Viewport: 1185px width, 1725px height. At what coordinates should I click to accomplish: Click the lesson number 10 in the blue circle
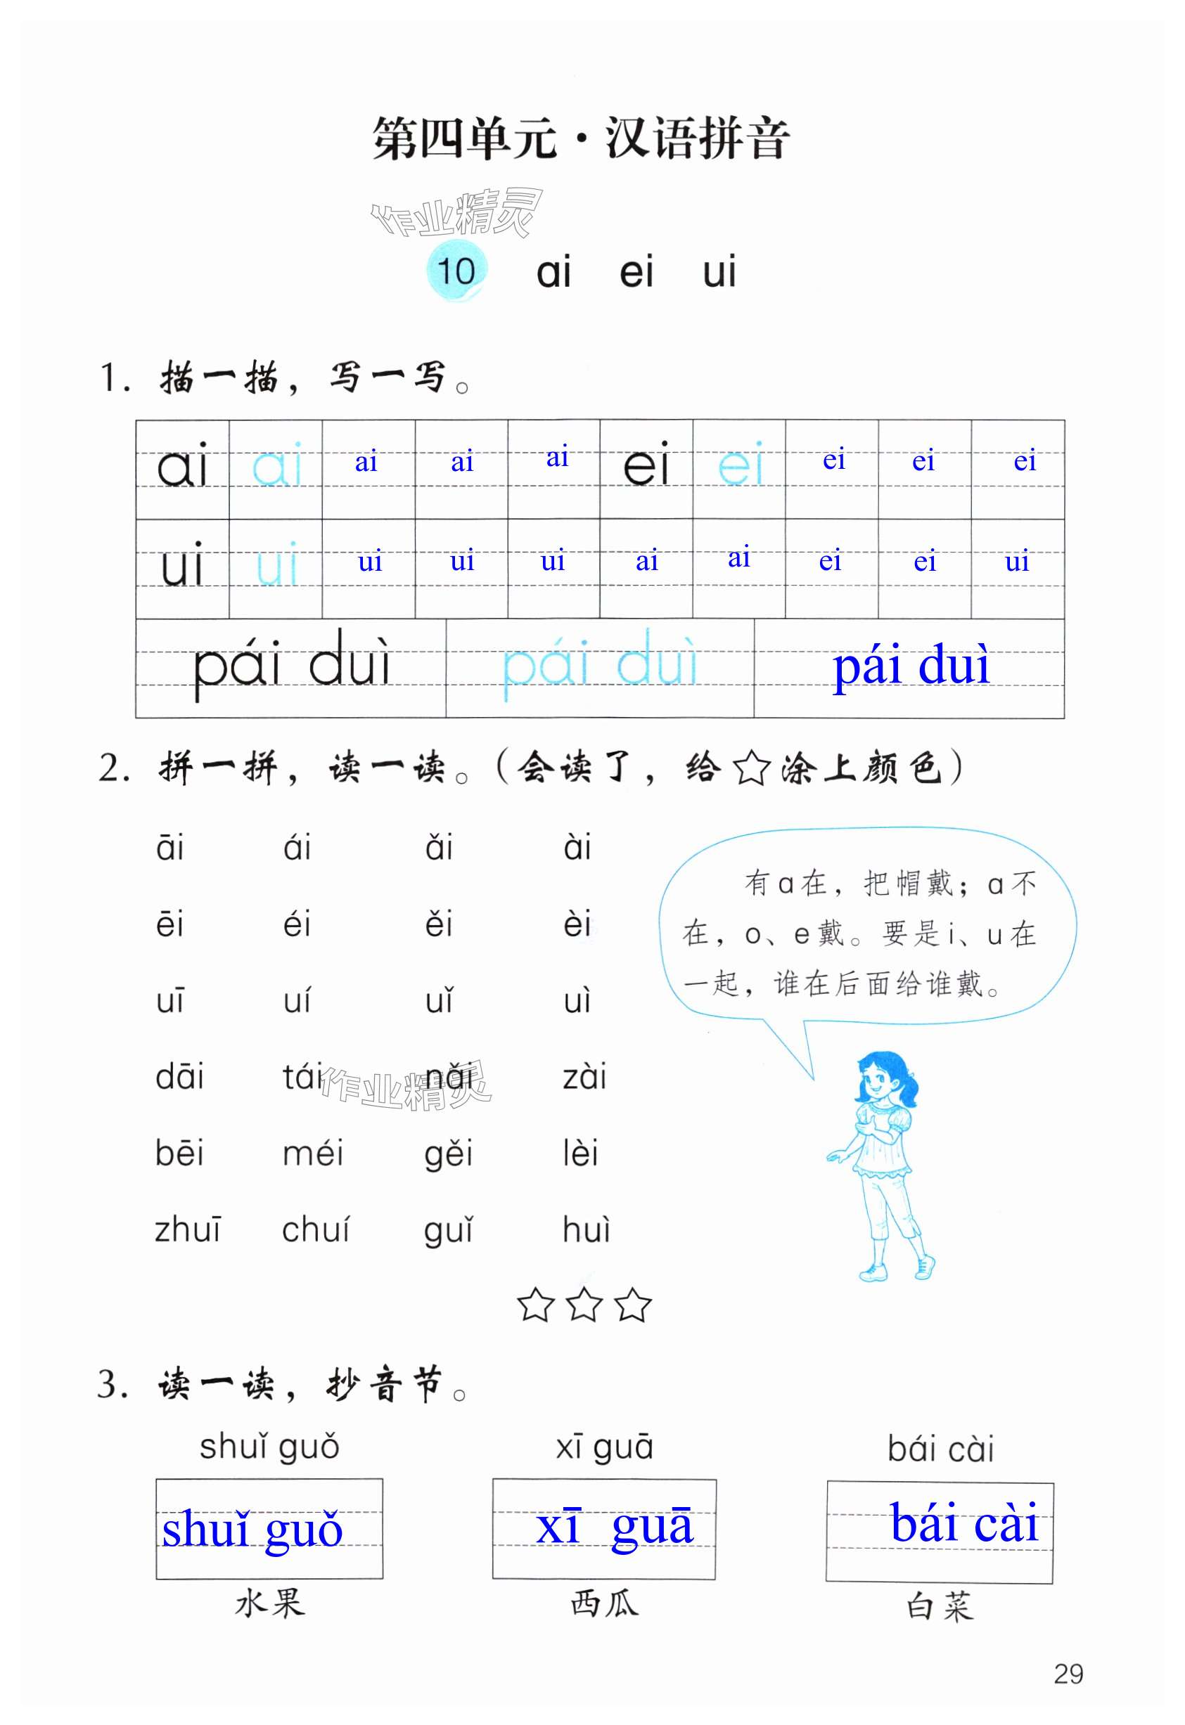(456, 271)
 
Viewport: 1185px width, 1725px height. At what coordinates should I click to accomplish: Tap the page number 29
(1068, 1674)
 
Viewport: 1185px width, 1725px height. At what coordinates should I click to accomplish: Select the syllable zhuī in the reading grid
(187, 1230)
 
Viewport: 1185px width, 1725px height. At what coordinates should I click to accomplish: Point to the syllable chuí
(315, 1230)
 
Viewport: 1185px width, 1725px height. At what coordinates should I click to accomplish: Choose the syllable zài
(584, 1077)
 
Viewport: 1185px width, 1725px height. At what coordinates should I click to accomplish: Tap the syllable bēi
(179, 1153)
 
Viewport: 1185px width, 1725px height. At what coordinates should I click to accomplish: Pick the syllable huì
(586, 1230)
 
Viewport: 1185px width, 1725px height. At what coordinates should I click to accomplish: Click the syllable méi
(312, 1153)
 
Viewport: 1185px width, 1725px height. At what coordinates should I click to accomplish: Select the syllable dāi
(179, 1077)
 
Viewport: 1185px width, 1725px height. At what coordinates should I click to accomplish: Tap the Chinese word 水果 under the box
(269, 1603)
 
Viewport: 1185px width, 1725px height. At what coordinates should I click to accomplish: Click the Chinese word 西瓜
(603, 1603)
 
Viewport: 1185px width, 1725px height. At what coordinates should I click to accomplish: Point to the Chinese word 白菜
(940, 1606)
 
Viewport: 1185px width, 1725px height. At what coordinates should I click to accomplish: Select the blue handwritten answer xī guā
(614, 1527)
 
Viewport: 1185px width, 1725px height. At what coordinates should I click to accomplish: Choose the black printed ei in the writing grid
(646, 465)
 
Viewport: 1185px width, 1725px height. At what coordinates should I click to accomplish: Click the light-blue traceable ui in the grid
(276, 564)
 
